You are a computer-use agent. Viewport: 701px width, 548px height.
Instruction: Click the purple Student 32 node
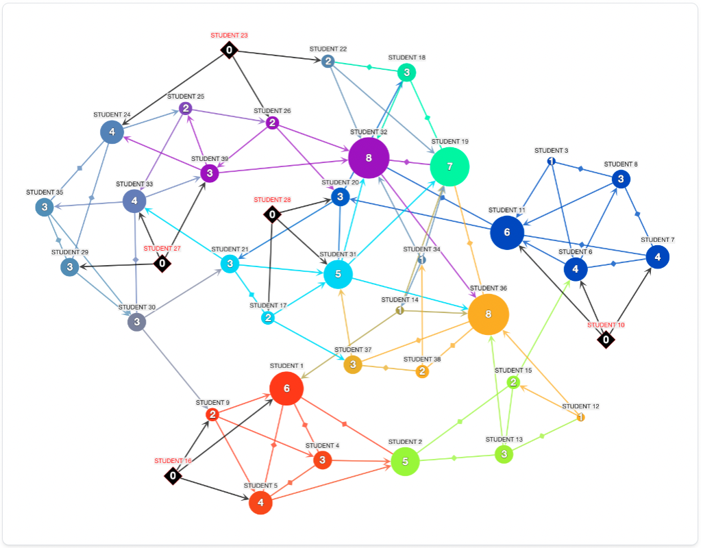click(369, 158)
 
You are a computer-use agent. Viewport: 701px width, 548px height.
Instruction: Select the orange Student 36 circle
click(489, 314)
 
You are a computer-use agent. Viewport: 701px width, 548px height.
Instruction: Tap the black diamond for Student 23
click(229, 49)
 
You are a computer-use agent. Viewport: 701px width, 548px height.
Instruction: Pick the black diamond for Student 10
click(606, 339)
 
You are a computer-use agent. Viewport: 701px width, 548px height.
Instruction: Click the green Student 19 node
click(450, 166)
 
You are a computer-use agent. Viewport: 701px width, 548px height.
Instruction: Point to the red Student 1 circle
click(286, 388)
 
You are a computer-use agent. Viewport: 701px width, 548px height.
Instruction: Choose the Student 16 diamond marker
click(173, 475)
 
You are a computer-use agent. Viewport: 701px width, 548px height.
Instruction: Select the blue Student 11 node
click(507, 232)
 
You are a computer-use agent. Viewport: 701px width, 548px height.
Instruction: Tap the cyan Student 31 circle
click(338, 274)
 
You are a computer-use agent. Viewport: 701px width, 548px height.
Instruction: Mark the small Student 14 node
click(399, 311)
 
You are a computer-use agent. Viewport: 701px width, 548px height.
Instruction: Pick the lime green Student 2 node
click(405, 461)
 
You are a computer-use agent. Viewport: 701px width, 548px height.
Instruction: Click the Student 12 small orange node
click(580, 417)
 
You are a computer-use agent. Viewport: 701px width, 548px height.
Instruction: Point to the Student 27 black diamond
click(162, 263)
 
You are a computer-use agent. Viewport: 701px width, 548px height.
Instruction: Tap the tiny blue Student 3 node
click(551, 162)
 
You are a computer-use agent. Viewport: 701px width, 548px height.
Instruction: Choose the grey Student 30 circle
click(137, 321)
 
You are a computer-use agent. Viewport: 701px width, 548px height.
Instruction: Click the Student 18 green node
click(406, 72)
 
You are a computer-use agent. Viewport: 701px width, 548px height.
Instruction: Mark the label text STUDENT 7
click(657, 240)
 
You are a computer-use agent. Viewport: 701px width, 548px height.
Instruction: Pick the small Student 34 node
click(422, 260)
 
